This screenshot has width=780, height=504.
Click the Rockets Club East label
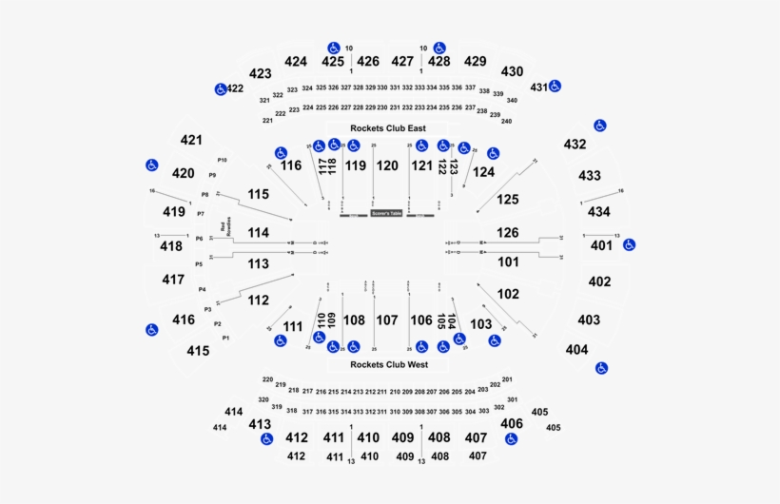[387, 128]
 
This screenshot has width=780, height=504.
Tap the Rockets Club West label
[388, 364]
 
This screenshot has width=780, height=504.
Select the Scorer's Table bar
[387, 215]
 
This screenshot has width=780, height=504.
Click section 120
[387, 165]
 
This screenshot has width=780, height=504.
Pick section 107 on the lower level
[386, 320]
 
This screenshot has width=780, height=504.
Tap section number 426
[368, 61]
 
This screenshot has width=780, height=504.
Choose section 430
[512, 71]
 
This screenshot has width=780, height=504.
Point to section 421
[191, 140]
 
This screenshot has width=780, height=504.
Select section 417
[172, 280]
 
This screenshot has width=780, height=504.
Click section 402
[599, 281]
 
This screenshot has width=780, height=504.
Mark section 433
[590, 176]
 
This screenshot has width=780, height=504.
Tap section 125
[508, 200]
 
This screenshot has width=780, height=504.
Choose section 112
[258, 300]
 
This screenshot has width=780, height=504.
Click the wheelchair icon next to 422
[220, 89]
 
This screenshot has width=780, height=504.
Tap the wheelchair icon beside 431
[555, 87]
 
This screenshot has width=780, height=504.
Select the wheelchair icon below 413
[266, 438]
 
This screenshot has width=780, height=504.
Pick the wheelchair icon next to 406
[511, 438]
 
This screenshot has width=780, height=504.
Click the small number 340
[512, 100]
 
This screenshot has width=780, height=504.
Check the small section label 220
[267, 379]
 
